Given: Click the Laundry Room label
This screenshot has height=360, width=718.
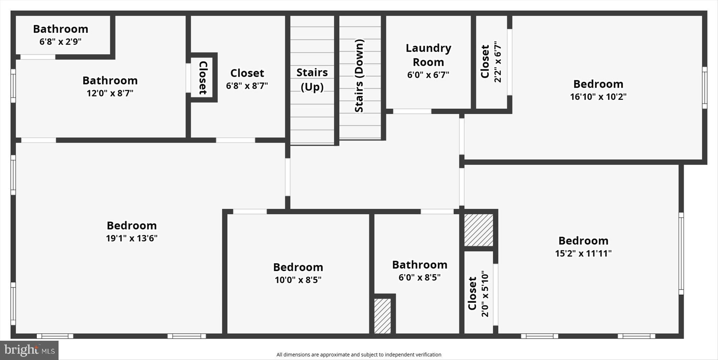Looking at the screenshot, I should tap(428, 55).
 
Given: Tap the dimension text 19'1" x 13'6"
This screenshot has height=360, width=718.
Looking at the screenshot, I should tap(131, 238).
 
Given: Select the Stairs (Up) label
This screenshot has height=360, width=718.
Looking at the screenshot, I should tap(312, 80).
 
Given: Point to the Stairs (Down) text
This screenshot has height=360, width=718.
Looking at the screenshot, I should tap(359, 76).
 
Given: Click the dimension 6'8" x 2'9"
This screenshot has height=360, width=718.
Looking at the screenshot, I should tap(60, 42).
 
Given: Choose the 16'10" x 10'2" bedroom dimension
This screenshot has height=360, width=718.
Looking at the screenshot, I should tap(598, 97).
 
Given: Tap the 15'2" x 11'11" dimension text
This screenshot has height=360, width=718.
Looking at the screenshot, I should tap(583, 253).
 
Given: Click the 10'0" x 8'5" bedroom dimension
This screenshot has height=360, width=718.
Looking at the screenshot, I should tap(298, 280).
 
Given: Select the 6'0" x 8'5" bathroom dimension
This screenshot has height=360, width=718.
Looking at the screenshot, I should tap(419, 278).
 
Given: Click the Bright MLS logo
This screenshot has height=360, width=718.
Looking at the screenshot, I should tap(29, 350).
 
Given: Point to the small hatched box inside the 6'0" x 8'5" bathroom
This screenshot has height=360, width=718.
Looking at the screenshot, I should tap(382, 316).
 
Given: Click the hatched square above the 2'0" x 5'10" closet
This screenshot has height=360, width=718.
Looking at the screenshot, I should tap(479, 230).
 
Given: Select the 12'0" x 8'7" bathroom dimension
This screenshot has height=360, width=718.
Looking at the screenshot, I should tap(110, 93).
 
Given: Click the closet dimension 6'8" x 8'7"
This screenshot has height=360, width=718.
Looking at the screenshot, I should tap(247, 86).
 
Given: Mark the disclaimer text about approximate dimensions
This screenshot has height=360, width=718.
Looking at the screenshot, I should tap(359, 355).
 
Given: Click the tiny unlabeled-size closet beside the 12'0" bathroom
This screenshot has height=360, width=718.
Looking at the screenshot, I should tap(202, 77).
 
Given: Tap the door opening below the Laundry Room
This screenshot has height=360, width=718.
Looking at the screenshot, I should tap(412, 111).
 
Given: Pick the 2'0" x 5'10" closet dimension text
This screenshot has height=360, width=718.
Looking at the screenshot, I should tap(485, 294).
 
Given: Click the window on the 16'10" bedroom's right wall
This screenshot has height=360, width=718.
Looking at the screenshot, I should tap(704, 88).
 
